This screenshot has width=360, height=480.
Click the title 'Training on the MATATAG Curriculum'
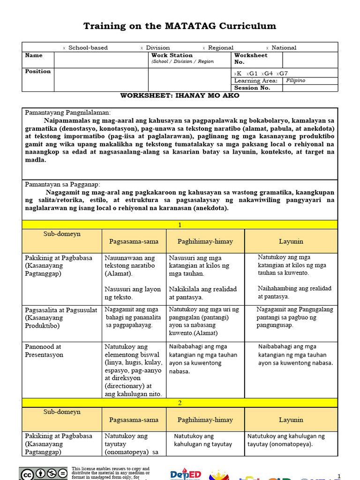coord(180,26)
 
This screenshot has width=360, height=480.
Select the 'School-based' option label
coord(88,48)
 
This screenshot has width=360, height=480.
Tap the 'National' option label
coord(284,48)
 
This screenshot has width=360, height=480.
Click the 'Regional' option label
coord(220,48)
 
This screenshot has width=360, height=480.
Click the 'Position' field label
coord(37,71)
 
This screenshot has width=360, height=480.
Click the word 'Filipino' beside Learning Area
coord(295,81)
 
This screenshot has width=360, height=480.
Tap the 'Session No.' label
coord(252,88)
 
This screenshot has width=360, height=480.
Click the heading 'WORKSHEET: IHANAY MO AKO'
coord(180,96)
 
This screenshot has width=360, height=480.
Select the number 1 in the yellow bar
coord(180,225)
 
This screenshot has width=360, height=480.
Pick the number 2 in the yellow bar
coord(180,403)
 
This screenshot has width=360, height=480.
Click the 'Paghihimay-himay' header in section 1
coord(205,241)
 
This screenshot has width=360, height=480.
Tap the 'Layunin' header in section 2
coord(291,420)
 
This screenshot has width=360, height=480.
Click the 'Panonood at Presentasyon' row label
coord(43,351)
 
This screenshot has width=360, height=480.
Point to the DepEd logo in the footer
coord(186,474)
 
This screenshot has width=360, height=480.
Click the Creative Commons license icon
coord(44,474)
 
